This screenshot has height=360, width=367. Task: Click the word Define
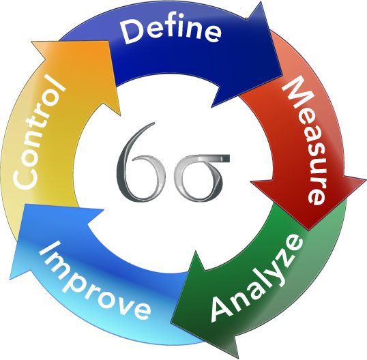point(171,31)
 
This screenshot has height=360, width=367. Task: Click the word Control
point(39,134)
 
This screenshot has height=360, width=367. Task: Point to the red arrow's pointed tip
point(308,230)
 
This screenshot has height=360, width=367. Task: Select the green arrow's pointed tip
point(171,320)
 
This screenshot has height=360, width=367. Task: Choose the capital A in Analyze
point(224,307)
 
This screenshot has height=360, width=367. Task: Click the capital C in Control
point(25,178)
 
